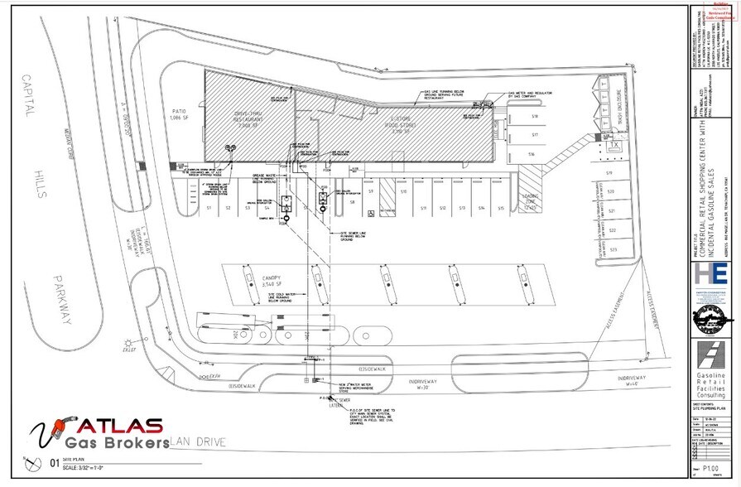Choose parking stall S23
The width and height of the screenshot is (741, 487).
[x=612, y=248]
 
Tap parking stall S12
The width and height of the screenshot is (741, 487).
[x=443, y=207]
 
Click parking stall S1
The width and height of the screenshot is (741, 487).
[x=210, y=207]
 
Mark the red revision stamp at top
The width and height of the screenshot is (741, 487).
[x=719, y=9]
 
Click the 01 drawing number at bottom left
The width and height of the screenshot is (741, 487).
[x=55, y=463]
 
